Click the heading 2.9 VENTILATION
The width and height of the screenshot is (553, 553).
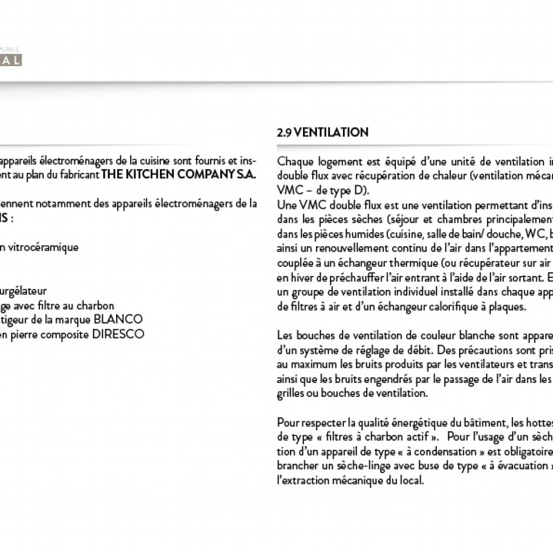point(322,133)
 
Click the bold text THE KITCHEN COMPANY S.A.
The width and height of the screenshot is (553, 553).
point(179,175)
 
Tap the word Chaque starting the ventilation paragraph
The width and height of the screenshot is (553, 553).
point(295,161)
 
